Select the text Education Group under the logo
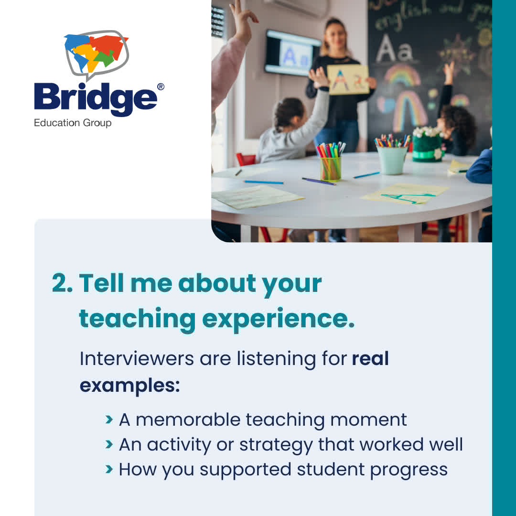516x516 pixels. pos(73,123)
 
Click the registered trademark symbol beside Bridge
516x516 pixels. pos(161,86)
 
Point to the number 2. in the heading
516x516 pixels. pos(62,283)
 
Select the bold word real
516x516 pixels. pos(370,358)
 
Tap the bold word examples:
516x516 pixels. pos(129,385)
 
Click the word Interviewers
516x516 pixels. pos(136,358)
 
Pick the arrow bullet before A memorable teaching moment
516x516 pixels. pos(109,419)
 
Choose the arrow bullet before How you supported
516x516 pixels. pos(109,469)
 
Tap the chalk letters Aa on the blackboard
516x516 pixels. pos(394,49)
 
